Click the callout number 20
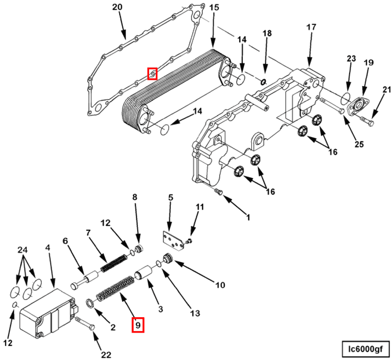tap(117, 7)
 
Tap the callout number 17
tap(311, 27)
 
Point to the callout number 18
tap(266, 34)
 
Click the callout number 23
tap(351, 59)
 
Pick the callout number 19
tap(368, 63)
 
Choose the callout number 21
tap(387, 90)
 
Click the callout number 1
tap(248, 217)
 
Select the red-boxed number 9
tap(138, 325)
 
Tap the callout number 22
tap(106, 354)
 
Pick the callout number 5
tap(171, 198)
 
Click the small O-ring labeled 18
tap(263, 81)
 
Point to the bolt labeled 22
tap(86, 324)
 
